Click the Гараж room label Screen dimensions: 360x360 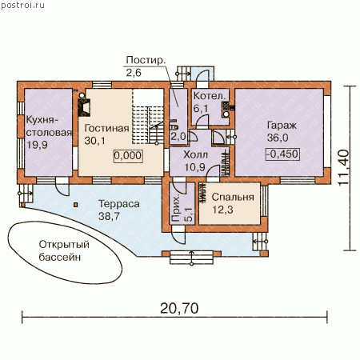click(x=282, y=126)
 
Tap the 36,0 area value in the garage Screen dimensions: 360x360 click(x=278, y=138)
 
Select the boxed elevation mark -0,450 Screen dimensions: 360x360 click(x=282, y=154)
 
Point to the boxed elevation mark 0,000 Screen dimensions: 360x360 click(x=128, y=156)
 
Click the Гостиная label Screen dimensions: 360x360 click(x=106, y=128)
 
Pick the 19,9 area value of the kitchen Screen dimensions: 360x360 click(x=37, y=145)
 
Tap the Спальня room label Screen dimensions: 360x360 click(x=233, y=198)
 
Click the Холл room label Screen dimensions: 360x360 click(x=196, y=154)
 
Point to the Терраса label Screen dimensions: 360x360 click(x=119, y=204)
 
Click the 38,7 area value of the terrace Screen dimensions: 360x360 click(x=109, y=216)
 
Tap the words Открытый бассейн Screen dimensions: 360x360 click(x=64, y=251)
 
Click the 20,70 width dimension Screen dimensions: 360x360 click(x=179, y=308)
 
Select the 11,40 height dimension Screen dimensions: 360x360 click(x=343, y=168)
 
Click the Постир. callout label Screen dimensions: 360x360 click(x=146, y=60)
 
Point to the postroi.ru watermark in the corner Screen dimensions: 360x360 click(x=22, y=6)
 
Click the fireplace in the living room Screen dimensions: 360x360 click(x=84, y=108)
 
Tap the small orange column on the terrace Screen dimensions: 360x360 click(x=76, y=205)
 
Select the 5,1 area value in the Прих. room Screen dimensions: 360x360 click(x=188, y=214)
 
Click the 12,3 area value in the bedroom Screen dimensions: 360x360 click(x=222, y=210)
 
